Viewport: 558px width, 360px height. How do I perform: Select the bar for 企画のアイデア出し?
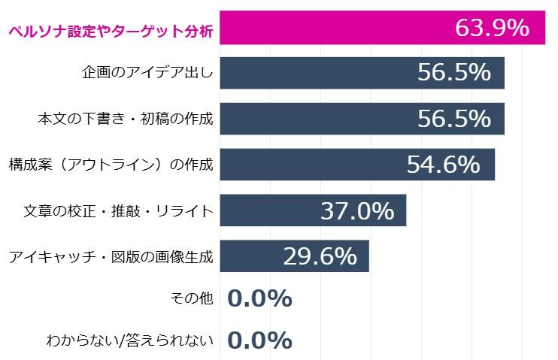click(x=316, y=73)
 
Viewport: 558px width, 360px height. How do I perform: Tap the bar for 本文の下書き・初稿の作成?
click(x=316, y=119)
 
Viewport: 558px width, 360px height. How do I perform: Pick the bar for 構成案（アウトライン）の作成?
click(x=308, y=164)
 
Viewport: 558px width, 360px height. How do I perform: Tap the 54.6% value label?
click(x=443, y=164)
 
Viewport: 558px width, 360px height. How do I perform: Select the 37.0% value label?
click(x=356, y=210)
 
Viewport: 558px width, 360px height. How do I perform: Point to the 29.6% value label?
click(x=320, y=256)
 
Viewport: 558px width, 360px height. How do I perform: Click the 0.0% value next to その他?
click(x=259, y=298)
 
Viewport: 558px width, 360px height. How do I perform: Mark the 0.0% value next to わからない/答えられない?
click(x=259, y=340)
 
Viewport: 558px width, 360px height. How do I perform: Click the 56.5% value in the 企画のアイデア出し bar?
click(x=454, y=73)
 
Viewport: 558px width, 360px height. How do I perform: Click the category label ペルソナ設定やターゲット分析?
click(x=110, y=31)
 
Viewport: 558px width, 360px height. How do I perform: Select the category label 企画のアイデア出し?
click(x=147, y=73)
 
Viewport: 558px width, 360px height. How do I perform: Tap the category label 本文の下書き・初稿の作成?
click(x=126, y=119)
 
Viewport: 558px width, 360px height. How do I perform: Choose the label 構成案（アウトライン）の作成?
click(x=111, y=164)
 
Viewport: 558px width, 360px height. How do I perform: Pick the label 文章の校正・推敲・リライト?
click(x=119, y=210)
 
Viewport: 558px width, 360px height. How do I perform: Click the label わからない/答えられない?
click(x=130, y=340)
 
